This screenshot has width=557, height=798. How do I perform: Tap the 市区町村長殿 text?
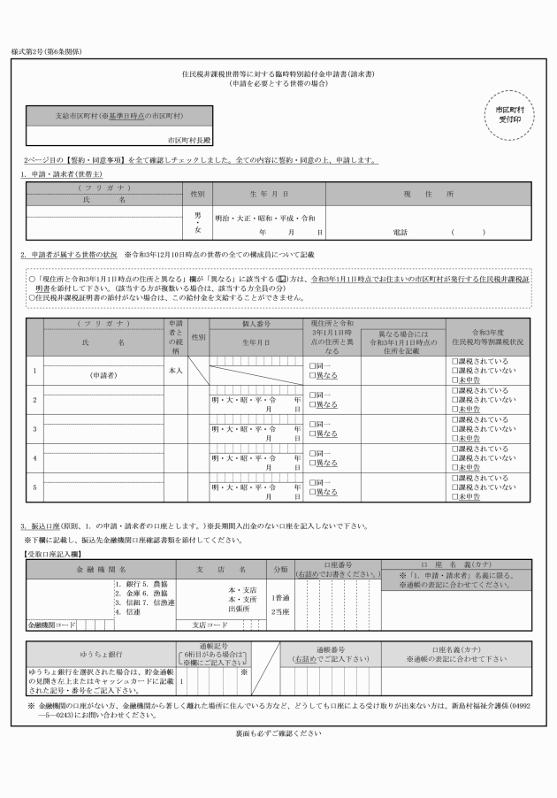[190, 140]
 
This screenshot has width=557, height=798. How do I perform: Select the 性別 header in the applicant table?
[197, 193]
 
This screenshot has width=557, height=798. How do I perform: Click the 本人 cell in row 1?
[174, 371]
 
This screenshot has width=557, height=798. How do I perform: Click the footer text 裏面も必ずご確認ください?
[278, 733]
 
